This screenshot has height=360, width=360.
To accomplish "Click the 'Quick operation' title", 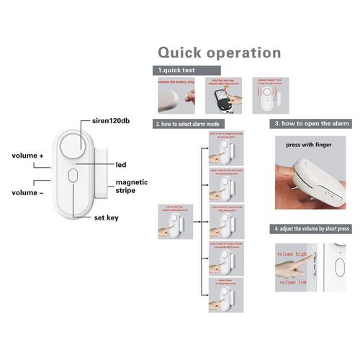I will (219, 53).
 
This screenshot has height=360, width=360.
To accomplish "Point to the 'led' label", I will (121, 165).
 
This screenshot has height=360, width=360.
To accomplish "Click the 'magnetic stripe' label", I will (132, 186).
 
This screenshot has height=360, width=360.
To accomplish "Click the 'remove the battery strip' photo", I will (176, 96).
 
